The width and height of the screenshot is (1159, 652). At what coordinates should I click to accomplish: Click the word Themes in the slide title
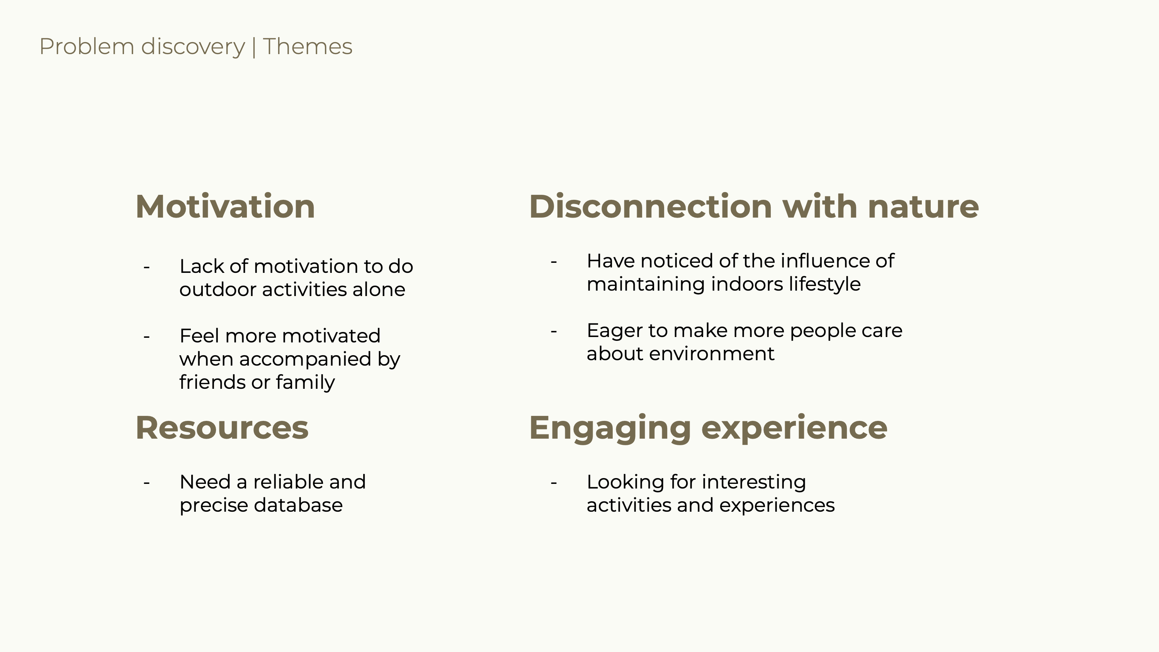tap(308, 47)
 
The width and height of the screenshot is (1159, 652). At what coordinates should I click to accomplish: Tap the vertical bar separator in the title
tap(254, 48)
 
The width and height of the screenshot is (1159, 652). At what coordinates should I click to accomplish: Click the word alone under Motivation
tap(379, 289)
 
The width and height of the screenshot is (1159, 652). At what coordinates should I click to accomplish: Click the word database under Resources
tap(298, 505)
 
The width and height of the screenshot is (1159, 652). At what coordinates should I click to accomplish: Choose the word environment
tap(712, 354)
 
